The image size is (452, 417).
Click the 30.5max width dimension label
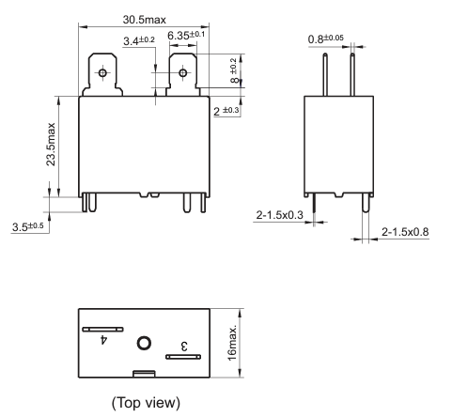tap(144, 20)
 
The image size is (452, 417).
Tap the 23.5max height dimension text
tap(51, 144)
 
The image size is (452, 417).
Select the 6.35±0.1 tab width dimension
tap(186, 35)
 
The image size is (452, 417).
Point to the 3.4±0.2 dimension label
tap(139, 40)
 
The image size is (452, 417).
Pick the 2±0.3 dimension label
tap(226, 111)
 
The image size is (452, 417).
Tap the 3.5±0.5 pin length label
tap(28, 226)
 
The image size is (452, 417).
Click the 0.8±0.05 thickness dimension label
tap(326, 39)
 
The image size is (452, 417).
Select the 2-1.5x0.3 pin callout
tap(280, 215)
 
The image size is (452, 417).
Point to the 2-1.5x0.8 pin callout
tap(405, 232)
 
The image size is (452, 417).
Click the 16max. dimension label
tap(232, 343)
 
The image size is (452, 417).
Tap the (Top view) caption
tap(146, 403)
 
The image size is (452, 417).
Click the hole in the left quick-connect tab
tap(102, 73)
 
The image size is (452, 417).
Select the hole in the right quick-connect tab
tap(183, 73)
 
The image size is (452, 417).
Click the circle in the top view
tap(144, 343)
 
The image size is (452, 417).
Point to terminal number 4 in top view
tap(103, 339)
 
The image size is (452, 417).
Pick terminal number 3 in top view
tap(184, 347)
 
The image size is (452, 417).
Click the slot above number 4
tap(102, 330)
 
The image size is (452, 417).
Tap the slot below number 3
tap(183, 357)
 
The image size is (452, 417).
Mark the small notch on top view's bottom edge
tap(144, 374)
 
